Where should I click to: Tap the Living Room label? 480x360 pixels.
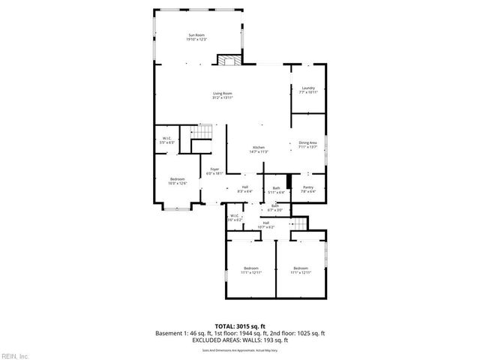point(223,95)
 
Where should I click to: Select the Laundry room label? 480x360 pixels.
point(308,90)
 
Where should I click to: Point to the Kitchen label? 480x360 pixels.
point(259,149)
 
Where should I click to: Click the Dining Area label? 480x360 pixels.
point(308,145)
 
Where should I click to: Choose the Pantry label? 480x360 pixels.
point(308,189)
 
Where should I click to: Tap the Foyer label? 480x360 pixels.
point(214,172)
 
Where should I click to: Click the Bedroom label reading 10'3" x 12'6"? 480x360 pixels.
point(177,181)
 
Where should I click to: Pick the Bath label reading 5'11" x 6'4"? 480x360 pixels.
point(276,190)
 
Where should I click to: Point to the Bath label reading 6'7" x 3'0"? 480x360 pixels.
point(275,208)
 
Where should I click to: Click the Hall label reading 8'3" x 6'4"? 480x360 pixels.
point(244,189)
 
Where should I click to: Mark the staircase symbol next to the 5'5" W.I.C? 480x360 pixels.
point(207,134)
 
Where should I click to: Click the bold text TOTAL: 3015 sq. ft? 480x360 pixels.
point(239,326)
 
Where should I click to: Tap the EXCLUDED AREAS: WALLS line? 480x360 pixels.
point(239,340)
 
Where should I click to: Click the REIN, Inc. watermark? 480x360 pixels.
point(15,355)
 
